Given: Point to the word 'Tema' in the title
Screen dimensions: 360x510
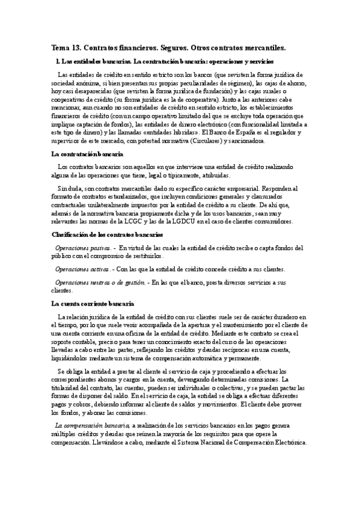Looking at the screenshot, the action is tap(59, 47).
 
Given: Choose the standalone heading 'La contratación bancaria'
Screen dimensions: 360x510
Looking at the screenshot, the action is tap(84, 154).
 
